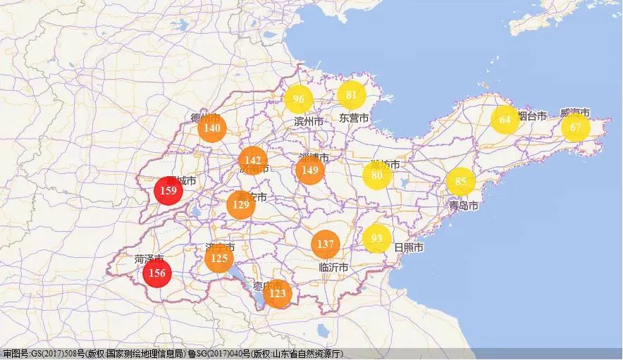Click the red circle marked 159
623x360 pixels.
pyautogui.click(x=168, y=190)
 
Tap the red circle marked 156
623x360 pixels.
pyautogui.click(x=157, y=273)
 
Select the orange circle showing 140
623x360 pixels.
pyautogui.click(x=211, y=128)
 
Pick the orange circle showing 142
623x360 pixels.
pyautogui.click(x=252, y=161)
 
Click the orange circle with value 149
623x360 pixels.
pyautogui.click(x=309, y=170)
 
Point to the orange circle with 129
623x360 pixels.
pyautogui.click(x=241, y=205)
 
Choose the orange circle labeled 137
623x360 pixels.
pyautogui.click(x=325, y=244)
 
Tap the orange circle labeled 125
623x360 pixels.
pyautogui.click(x=219, y=259)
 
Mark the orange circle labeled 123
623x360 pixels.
pyautogui.click(x=278, y=293)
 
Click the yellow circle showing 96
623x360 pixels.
pyautogui.click(x=299, y=99)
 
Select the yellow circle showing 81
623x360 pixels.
pyautogui.click(x=351, y=95)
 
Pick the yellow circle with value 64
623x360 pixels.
pyautogui.click(x=505, y=120)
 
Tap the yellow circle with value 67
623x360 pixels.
pyautogui.click(x=575, y=128)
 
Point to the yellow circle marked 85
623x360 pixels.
pyautogui.click(x=460, y=182)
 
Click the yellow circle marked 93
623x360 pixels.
pyautogui.click(x=377, y=238)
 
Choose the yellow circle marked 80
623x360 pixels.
pyautogui.click(x=377, y=175)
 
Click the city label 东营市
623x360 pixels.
pyautogui.click(x=354, y=118)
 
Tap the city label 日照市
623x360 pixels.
pyautogui.click(x=409, y=248)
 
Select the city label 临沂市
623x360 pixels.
pyautogui.click(x=334, y=268)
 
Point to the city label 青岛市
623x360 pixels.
pyautogui.click(x=464, y=206)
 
